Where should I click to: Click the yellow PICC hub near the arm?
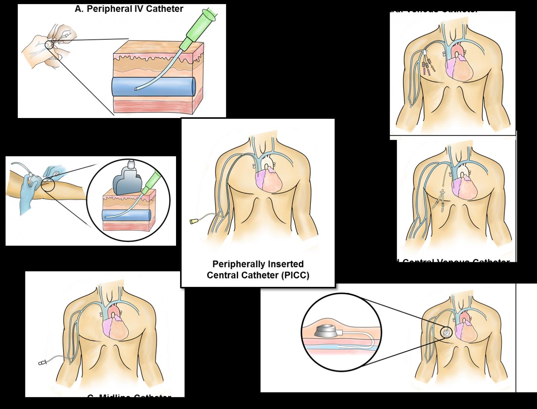[194, 221]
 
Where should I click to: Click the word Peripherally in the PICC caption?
[238, 264]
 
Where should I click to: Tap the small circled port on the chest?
[446, 332]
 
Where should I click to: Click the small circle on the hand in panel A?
[49, 45]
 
